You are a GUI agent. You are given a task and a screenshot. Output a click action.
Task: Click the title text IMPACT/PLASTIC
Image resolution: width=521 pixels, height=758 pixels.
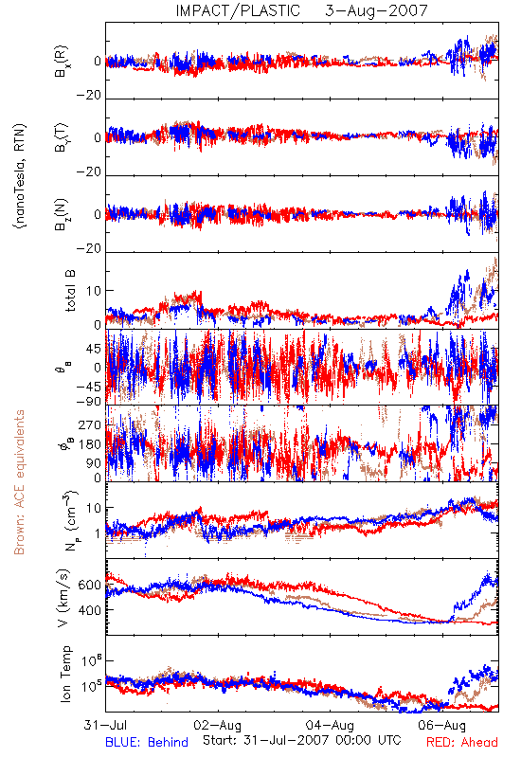pyautogui.click(x=238, y=10)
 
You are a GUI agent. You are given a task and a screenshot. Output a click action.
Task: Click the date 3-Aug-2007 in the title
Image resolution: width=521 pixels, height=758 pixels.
pyautogui.click(x=376, y=10)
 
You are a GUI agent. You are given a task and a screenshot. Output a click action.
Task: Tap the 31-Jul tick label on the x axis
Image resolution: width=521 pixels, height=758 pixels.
pyautogui.click(x=105, y=725)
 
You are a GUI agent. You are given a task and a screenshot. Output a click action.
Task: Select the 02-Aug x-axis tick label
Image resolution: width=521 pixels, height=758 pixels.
pyautogui.click(x=218, y=725)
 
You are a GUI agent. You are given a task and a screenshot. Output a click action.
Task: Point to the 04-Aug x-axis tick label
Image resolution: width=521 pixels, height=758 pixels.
pyautogui.click(x=330, y=725)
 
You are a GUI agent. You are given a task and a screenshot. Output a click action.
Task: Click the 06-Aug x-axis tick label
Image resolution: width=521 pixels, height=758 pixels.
pyautogui.click(x=442, y=725)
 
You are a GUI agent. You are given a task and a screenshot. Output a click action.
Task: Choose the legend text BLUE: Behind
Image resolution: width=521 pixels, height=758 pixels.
pyautogui.click(x=147, y=742)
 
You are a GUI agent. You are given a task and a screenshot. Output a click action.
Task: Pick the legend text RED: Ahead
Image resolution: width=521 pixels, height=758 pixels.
pyautogui.click(x=462, y=742)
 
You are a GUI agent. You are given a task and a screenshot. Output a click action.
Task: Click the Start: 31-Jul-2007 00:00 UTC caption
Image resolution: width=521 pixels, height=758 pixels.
pyautogui.click(x=302, y=740)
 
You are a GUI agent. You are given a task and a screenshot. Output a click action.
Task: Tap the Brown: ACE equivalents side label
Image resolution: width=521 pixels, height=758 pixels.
pyautogui.click(x=19, y=482)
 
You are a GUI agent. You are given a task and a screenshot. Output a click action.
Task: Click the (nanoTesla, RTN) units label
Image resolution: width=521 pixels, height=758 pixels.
pyautogui.click(x=20, y=176)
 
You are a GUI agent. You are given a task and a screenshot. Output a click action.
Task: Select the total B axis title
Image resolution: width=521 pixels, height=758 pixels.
pyautogui.click(x=70, y=291)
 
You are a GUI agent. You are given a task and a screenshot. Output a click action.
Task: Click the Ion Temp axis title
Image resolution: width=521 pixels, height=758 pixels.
pyautogui.click(x=65, y=674)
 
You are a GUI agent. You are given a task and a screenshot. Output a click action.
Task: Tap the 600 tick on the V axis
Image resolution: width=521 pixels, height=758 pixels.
pyautogui.click(x=90, y=585)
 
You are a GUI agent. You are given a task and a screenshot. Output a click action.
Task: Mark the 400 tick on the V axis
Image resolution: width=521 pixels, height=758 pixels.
pyautogui.click(x=90, y=610)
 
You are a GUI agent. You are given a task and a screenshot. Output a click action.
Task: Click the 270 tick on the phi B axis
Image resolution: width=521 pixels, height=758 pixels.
pyautogui.click(x=90, y=424)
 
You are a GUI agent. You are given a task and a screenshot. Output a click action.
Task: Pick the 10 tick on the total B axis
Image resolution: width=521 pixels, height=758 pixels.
pyautogui.click(x=94, y=291)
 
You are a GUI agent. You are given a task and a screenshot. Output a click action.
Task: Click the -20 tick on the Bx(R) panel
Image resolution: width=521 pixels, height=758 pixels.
pyautogui.click(x=89, y=96)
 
